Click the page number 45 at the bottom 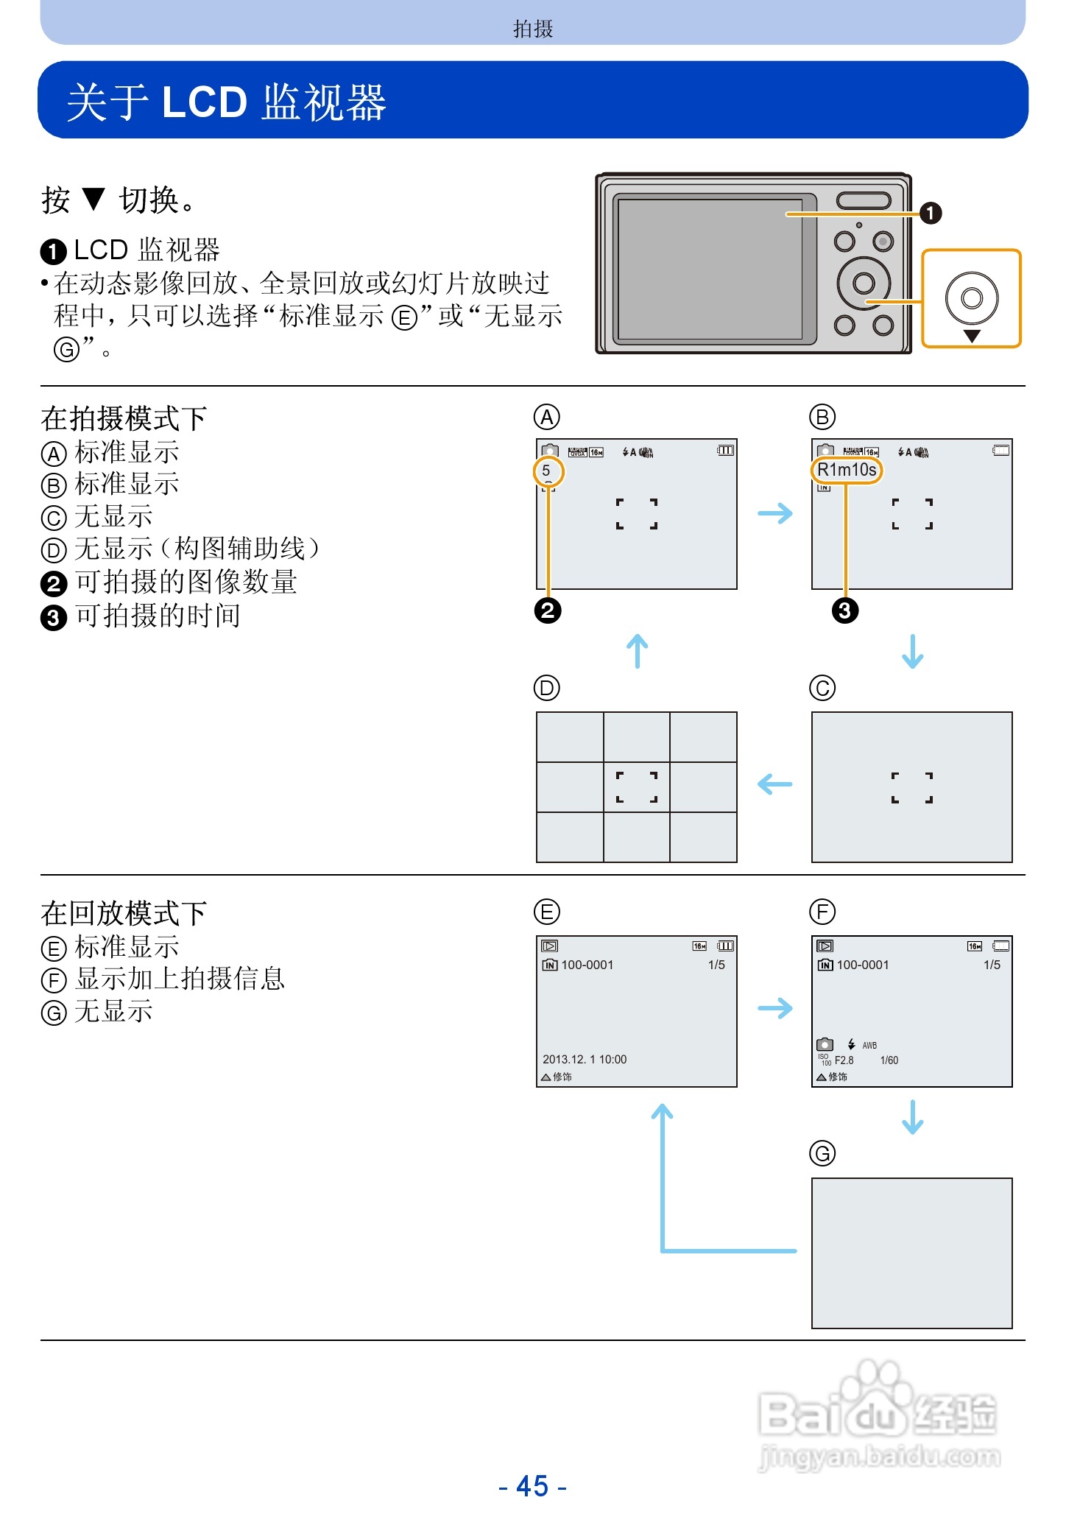point(532,1486)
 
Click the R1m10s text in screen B point(847,470)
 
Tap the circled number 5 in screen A point(547,471)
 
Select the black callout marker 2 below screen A point(548,610)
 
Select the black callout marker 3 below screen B point(845,610)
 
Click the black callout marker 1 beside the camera point(931,214)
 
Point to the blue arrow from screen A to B point(775,513)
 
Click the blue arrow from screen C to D point(775,784)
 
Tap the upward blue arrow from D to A point(638,652)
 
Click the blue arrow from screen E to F point(775,1007)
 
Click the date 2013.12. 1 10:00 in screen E point(585,1059)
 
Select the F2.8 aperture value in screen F point(844,1060)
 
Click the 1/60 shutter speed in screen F point(889,1060)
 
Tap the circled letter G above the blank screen point(822,1153)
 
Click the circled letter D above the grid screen point(547,688)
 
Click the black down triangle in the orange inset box point(972,336)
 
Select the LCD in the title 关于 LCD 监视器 point(204,102)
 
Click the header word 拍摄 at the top point(532,29)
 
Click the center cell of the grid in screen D point(637,787)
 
